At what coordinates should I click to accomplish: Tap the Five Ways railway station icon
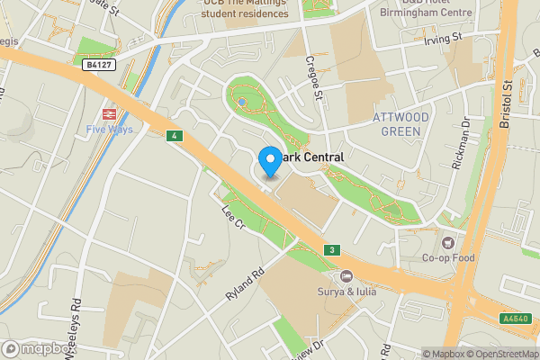[x=108, y=114]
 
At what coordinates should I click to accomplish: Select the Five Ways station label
[x=108, y=130]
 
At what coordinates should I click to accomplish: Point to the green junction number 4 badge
[x=174, y=136]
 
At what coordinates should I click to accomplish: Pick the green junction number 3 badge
[x=332, y=249]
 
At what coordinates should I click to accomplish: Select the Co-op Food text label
[x=448, y=259]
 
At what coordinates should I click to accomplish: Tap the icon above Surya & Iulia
[x=346, y=275]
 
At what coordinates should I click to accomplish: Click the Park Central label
[x=311, y=157]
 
